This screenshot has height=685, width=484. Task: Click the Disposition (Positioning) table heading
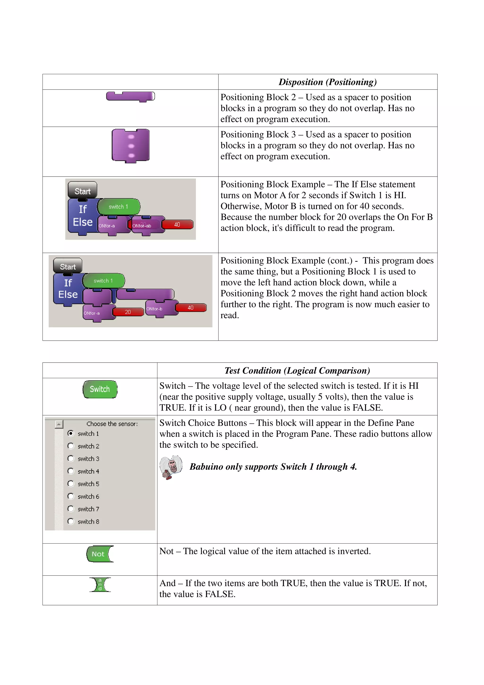(x=328, y=82)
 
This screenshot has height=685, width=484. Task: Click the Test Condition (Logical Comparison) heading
(x=297, y=371)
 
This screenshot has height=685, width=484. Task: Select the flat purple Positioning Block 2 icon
(x=130, y=96)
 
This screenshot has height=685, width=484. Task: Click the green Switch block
(x=100, y=389)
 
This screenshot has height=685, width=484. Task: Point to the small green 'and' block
(x=100, y=585)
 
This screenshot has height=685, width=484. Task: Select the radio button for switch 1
(x=71, y=433)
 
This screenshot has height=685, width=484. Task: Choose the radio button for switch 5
(x=71, y=484)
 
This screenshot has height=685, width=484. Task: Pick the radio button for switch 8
(x=71, y=521)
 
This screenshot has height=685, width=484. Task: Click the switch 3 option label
(x=88, y=459)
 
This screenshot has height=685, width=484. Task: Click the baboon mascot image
(x=171, y=467)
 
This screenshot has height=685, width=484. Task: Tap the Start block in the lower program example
(x=68, y=266)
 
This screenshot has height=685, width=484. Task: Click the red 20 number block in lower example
(x=128, y=312)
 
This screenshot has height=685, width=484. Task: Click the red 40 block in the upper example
(x=177, y=224)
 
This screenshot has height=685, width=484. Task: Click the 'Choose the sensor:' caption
(x=112, y=424)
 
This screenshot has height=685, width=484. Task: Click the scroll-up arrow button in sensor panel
(x=59, y=424)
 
